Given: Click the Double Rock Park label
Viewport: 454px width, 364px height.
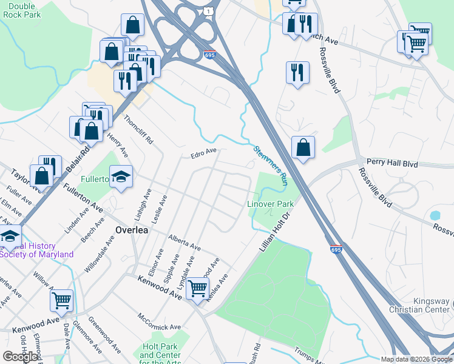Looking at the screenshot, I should coord(21,10).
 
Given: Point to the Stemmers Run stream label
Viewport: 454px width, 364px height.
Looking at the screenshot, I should coord(269,165).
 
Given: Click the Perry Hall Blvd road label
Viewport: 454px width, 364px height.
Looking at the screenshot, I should coord(393,163).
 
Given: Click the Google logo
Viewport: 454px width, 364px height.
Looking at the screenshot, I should coord(21,356).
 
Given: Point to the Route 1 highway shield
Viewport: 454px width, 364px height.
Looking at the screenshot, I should coord(209,12).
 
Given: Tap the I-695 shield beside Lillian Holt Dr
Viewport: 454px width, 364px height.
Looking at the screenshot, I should coord(336,249).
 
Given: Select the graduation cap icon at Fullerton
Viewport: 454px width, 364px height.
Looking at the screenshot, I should coord(121,177).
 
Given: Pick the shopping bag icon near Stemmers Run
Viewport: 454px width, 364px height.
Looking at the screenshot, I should coord(303,147).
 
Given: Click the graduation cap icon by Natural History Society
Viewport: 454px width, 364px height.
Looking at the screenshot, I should coord(10,236).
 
